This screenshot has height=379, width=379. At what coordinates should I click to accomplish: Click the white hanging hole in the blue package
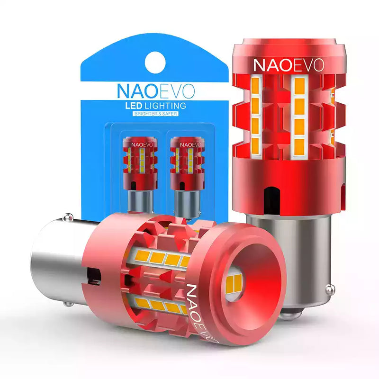[x=155, y=63]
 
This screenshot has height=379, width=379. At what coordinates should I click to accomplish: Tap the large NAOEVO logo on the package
[x=156, y=91]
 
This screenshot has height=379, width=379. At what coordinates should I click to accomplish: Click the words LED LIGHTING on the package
[x=155, y=106]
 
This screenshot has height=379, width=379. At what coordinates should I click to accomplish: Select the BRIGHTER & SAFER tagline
[x=155, y=114]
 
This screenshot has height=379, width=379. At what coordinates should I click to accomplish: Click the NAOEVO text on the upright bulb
[x=289, y=65]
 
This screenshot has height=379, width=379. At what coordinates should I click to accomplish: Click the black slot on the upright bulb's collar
[x=271, y=200]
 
